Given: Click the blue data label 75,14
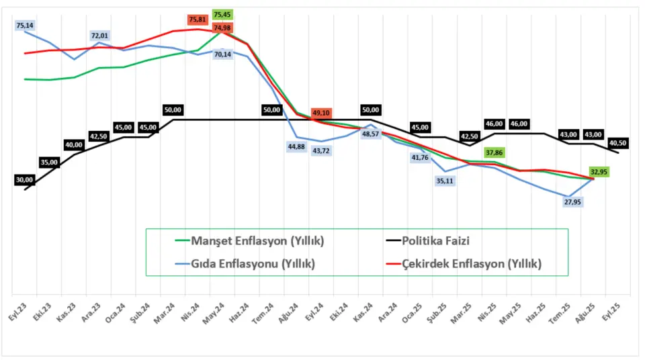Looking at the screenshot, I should [x=25, y=26].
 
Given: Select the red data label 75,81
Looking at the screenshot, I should [x=198, y=19].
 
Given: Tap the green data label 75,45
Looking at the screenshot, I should [x=222, y=14].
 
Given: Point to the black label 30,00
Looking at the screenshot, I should [x=25, y=180].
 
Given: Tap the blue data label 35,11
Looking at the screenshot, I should [x=445, y=181].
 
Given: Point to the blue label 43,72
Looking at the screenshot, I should [x=321, y=150].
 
